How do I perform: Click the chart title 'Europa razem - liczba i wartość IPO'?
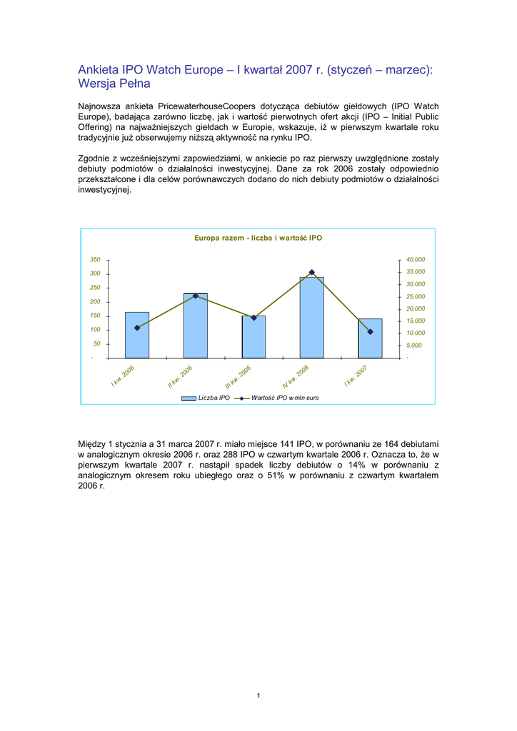click(x=258, y=238)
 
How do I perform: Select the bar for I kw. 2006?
click(x=137, y=335)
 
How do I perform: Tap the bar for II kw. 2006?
click(x=195, y=326)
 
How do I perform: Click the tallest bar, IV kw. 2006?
click(x=311, y=318)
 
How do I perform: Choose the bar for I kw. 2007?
click(x=370, y=338)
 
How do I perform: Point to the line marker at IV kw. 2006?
click(x=311, y=273)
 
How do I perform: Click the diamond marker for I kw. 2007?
click(x=370, y=332)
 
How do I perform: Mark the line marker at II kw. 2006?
click(x=195, y=296)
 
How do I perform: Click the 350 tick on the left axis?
click(x=95, y=260)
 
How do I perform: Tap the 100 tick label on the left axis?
click(x=95, y=330)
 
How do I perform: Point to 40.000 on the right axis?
click(x=415, y=260)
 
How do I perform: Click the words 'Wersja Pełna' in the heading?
click(x=114, y=84)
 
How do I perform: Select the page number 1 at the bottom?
click(x=258, y=696)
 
